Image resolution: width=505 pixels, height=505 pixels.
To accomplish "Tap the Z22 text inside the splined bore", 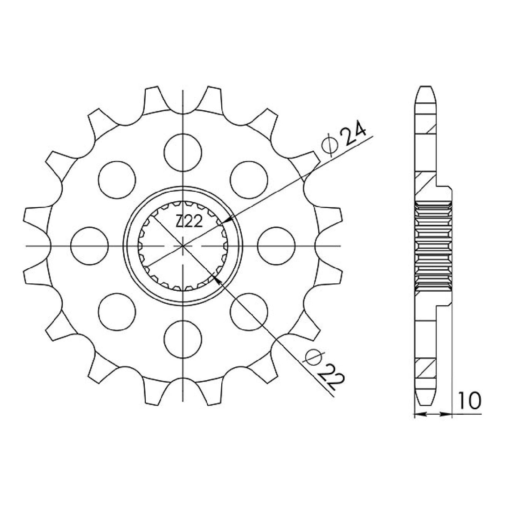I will (x=188, y=223).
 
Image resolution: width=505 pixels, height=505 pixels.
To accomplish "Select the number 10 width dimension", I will (x=470, y=400).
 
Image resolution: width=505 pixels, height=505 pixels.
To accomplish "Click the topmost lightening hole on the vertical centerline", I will (x=183, y=152).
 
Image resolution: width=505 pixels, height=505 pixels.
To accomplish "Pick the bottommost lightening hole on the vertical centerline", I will (x=183, y=339).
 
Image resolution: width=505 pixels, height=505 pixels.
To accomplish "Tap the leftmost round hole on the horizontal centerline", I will (x=89, y=245).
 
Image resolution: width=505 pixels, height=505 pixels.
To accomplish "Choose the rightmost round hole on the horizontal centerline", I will (x=276, y=245).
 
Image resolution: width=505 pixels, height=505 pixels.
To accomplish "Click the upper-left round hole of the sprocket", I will (x=117, y=180).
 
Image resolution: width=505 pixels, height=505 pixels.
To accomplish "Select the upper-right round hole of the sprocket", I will (x=249, y=180).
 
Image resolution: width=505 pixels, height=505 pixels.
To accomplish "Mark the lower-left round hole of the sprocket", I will (x=117, y=312).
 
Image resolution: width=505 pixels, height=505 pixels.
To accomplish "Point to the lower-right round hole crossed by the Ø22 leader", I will (x=249, y=312).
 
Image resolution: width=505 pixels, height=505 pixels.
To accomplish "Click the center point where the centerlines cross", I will (x=183, y=246).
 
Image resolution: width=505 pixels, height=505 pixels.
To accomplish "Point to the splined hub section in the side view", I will (x=433, y=245).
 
